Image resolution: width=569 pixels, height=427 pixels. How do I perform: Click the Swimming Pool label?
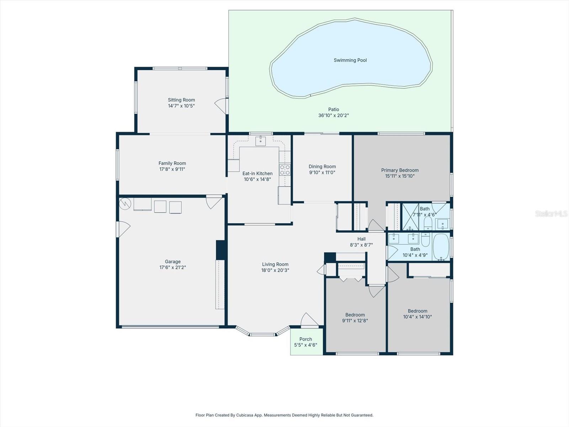coord(350,60)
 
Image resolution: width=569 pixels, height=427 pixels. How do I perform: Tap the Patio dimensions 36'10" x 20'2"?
coord(333,115)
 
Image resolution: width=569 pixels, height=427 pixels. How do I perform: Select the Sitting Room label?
coord(181,100)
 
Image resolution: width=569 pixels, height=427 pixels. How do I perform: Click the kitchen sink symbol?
coord(261,141)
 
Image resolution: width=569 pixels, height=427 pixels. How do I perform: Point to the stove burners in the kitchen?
coord(284,170)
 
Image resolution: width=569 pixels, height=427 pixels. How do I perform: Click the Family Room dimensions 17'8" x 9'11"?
coord(172,169)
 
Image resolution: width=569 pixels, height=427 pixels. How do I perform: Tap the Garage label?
coord(172,262)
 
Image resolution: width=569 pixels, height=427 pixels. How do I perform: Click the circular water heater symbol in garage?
coord(125,204)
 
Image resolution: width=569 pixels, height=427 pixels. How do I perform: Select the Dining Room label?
coord(322,167)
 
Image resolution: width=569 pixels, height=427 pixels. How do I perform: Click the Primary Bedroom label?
coord(400,170)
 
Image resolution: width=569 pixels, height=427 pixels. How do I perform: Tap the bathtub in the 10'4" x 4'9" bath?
coord(441,247)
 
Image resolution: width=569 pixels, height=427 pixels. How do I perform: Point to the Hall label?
coord(361,239)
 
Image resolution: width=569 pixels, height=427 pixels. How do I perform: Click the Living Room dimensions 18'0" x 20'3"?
coord(275,270)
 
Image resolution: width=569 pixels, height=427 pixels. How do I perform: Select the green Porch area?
coord(306,342)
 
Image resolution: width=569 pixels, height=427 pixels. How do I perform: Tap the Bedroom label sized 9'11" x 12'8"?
coord(355,315)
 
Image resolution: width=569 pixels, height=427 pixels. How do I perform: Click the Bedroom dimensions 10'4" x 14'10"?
coord(417,317)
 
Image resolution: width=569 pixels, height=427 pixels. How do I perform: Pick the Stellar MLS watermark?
coord(551,213)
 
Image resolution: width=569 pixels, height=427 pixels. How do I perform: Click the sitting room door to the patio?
coord(221,106)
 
